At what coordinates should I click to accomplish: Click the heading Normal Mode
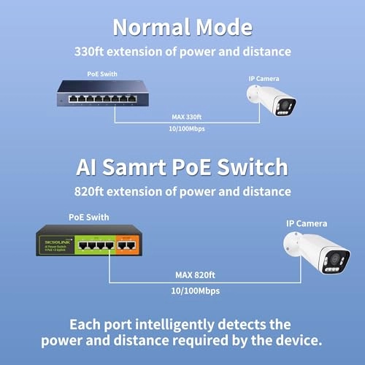182,28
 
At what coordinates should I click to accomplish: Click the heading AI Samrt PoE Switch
182,167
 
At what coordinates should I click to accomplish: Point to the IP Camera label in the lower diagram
307,223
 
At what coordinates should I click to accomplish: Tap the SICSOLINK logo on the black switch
52,238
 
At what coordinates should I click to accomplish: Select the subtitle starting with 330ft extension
182,52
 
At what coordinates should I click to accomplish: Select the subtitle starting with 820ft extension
182,191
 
